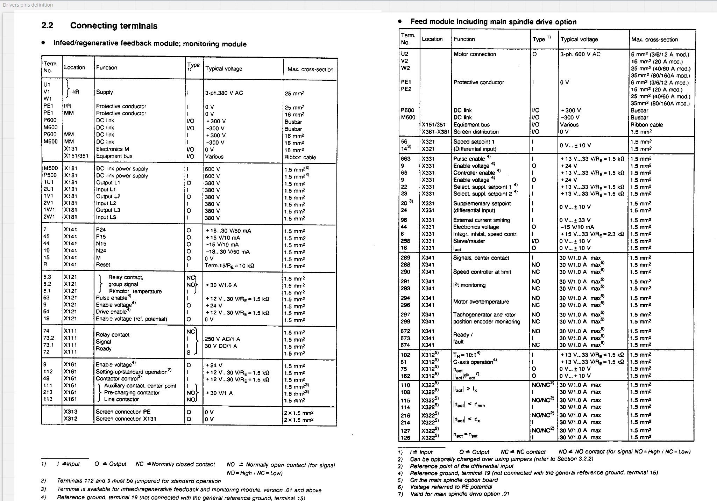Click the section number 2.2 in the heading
coord(47,26)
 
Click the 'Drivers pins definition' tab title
coord(28,5)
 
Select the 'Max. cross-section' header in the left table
coord(310,69)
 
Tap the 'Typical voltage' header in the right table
coord(579,39)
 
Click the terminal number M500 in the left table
coord(50,168)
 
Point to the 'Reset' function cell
coord(103,264)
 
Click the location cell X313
coord(70,412)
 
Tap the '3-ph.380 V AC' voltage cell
coord(224,93)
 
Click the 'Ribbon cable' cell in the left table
coord(300,157)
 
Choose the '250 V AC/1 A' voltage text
coord(222,339)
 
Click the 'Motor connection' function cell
coord(475,54)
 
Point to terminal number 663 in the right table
coord(406,159)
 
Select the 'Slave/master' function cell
coord(469,241)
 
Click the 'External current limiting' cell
coord(481,220)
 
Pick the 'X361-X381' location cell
coord(435,132)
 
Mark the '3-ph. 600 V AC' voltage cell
coord(580,54)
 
